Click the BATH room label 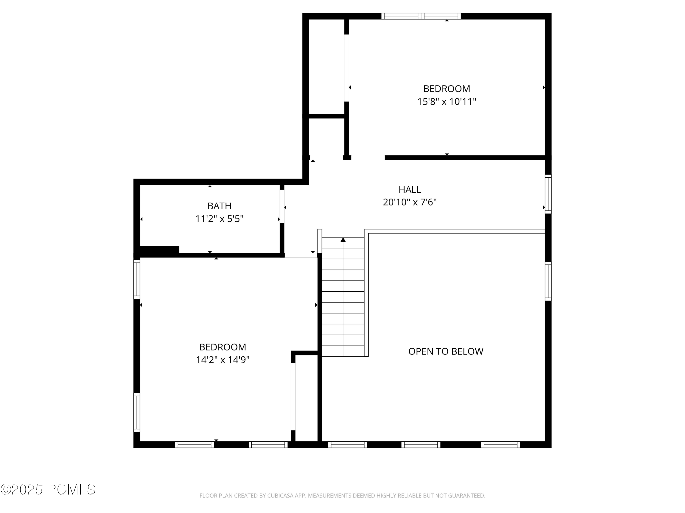(219, 206)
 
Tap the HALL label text (409, 189)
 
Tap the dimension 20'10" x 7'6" (409, 202)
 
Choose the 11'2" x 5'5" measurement (219, 219)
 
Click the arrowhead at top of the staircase (343, 240)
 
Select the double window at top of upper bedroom (421, 16)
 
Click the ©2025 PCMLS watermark (48, 490)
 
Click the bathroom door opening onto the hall (282, 206)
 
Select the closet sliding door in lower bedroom (293, 397)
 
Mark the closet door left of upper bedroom (347, 68)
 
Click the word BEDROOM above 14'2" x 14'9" (222, 347)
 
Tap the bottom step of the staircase (343, 351)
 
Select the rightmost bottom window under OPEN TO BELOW (501, 445)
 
